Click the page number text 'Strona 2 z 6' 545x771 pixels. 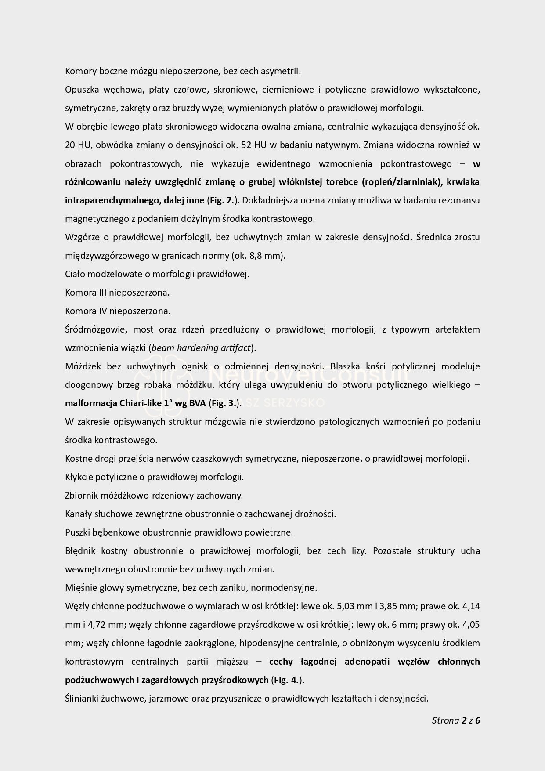(x=456, y=720)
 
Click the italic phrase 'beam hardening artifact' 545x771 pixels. (x=201, y=348)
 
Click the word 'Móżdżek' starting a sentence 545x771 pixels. (x=83, y=366)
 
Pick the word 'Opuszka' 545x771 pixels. (x=80, y=90)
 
